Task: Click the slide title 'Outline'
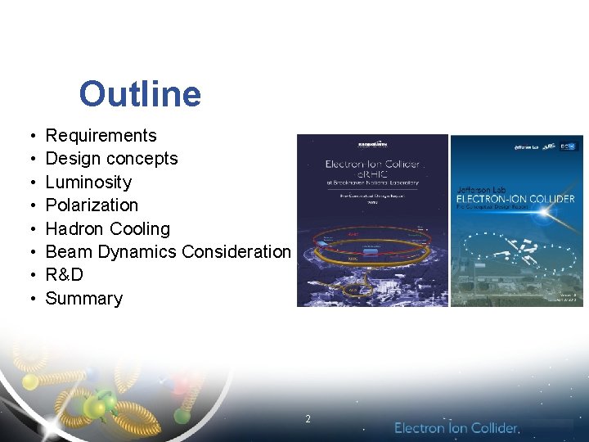point(140,94)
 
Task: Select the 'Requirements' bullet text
point(101,136)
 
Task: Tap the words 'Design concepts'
point(111,159)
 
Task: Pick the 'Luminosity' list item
point(88,182)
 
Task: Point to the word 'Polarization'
point(92,205)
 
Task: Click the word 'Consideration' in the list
point(236,252)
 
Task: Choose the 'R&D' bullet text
point(64,275)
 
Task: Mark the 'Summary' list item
point(83,298)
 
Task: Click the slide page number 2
point(308,419)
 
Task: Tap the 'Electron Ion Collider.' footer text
point(456,428)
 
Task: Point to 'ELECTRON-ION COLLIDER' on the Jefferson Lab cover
point(515,199)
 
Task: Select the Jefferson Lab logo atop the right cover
point(528,147)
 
